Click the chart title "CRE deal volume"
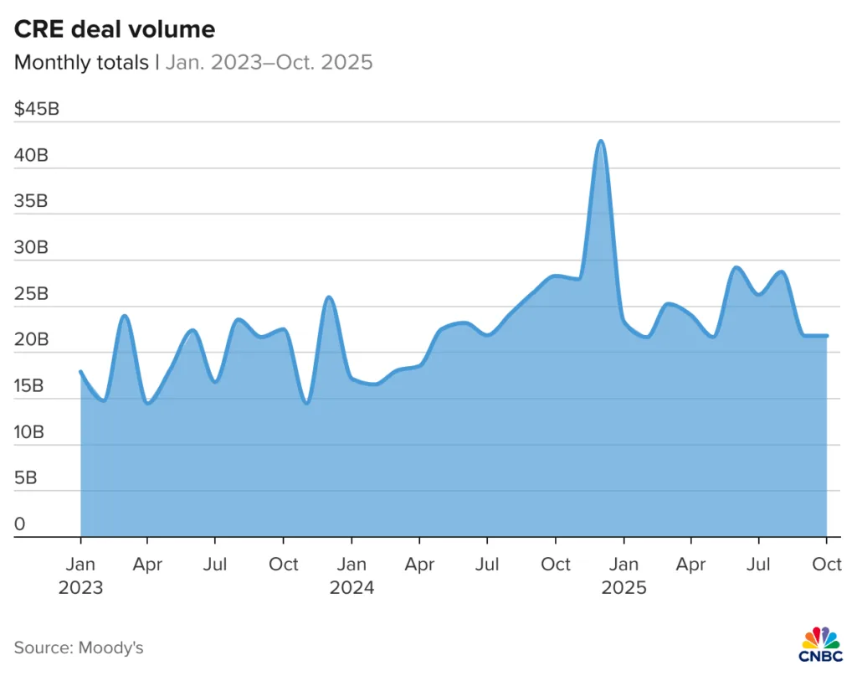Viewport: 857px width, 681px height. (115, 30)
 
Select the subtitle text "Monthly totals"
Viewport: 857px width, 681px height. (81, 63)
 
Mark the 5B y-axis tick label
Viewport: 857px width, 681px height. (27, 478)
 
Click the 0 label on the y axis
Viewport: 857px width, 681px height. (19, 524)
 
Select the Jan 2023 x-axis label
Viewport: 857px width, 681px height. (80, 575)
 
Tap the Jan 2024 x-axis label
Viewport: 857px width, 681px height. (352, 575)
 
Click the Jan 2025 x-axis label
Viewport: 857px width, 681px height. (624, 575)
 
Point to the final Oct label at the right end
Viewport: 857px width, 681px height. (827, 565)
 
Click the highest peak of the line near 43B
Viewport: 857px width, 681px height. (600, 141)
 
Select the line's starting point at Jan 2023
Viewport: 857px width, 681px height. (80, 371)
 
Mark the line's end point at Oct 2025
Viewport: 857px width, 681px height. (827, 336)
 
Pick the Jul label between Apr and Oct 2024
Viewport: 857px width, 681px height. (487, 565)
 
